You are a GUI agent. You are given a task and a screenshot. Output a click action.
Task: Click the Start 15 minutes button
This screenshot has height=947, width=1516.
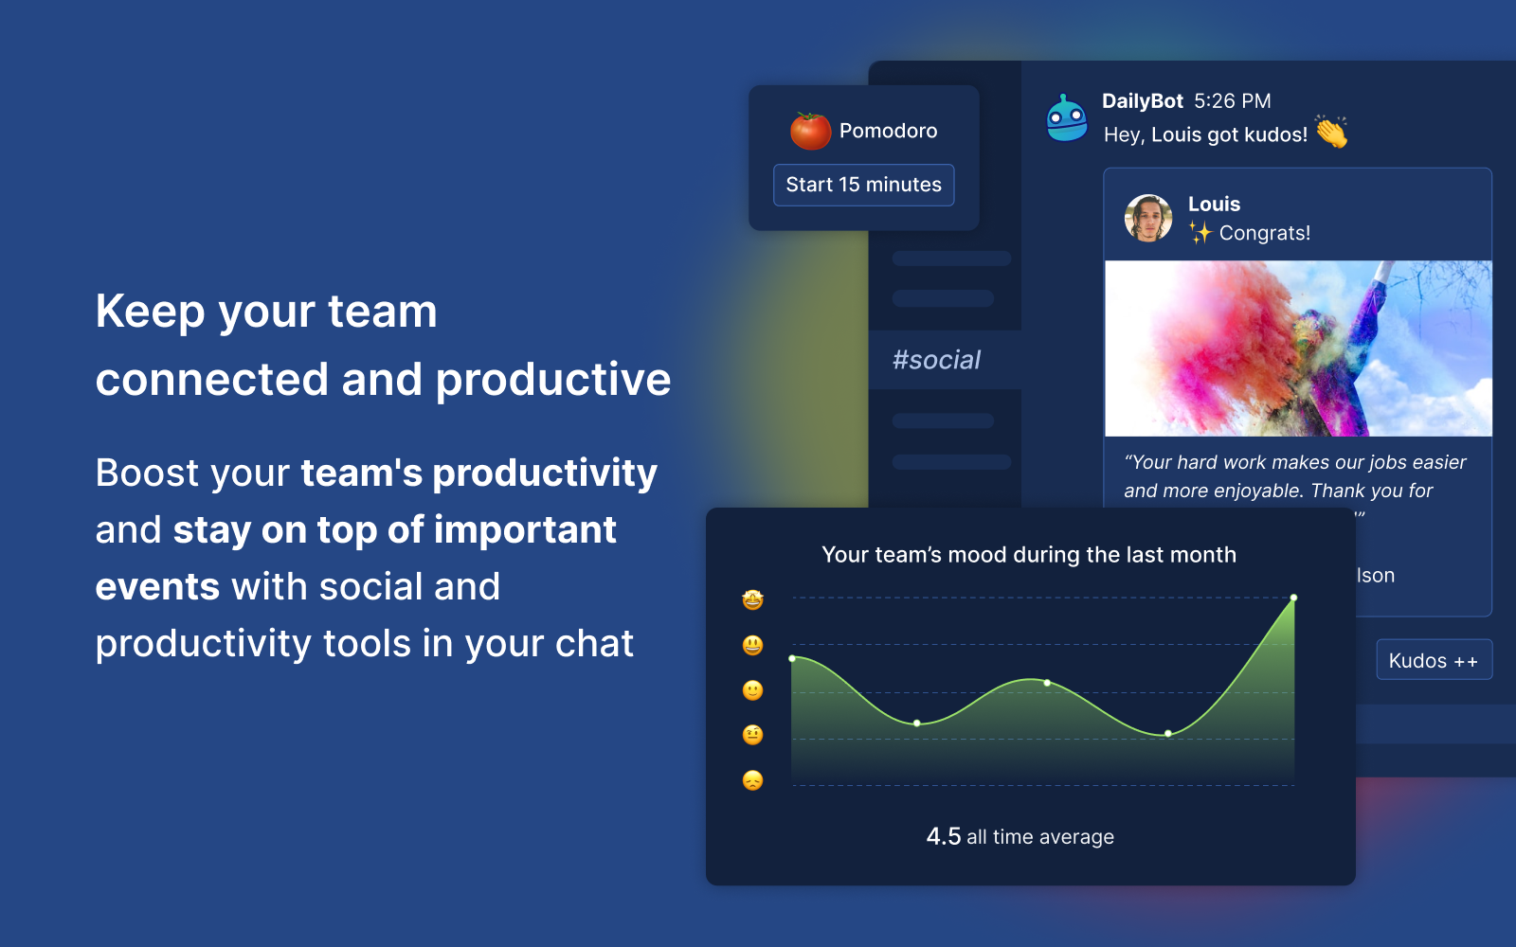[863, 185]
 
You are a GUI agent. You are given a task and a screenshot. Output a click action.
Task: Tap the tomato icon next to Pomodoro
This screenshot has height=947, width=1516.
[810, 131]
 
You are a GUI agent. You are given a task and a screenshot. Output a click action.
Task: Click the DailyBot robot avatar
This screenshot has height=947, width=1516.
[1067, 119]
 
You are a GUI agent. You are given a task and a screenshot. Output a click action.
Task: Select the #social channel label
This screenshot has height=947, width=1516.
[936, 360]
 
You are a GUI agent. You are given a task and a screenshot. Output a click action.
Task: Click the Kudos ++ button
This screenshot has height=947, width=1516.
[1434, 660]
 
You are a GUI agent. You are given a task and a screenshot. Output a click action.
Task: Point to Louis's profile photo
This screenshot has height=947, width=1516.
[1148, 219]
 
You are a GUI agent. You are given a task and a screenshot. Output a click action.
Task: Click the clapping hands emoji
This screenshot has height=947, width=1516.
[1331, 133]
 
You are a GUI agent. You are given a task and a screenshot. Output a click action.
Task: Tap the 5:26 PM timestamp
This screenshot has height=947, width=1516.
[1232, 101]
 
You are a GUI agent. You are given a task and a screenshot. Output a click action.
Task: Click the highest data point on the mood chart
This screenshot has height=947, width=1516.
[1293, 598]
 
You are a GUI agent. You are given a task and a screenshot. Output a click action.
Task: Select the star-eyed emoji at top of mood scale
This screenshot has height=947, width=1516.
[753, 599]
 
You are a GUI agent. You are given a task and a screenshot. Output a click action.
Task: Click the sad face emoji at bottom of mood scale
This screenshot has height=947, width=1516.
[753, 780]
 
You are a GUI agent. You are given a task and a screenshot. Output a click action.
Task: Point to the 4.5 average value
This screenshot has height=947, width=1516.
[943, 836]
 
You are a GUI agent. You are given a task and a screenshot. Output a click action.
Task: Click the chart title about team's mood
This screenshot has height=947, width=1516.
[1029, 555]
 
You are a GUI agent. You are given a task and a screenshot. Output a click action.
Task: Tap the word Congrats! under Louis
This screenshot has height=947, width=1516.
[1264, 233]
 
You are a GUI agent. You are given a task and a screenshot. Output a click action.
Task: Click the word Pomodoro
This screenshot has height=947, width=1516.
[888, 131]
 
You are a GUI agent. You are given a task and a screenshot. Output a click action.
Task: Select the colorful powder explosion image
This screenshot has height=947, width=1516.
[1298, 348]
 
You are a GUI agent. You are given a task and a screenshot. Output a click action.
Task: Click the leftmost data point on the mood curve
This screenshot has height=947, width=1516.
[793, 658]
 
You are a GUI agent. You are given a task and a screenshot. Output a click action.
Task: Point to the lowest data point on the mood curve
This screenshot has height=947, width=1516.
[1168, 733]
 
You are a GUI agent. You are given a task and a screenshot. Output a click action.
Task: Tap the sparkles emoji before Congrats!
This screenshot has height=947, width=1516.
[1200, 232]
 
